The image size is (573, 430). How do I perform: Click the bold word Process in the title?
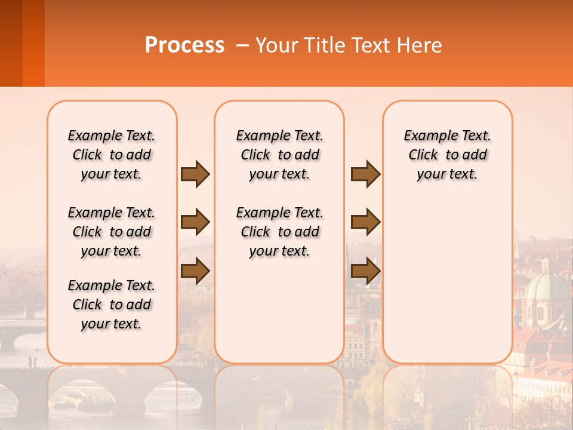184,45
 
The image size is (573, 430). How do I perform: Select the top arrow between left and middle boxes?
195,174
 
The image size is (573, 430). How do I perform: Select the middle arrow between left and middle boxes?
195,222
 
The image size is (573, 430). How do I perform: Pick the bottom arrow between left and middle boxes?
195,271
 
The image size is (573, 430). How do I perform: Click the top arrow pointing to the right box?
365,174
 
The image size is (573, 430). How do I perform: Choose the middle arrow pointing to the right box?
365,222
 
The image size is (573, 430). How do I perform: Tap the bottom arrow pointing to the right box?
365,271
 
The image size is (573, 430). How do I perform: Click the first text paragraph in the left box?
112,155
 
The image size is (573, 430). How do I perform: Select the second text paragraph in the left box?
112,232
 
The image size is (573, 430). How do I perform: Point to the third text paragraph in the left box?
112,305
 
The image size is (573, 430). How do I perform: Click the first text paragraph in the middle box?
280,155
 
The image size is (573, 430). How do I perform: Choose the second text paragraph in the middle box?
280,232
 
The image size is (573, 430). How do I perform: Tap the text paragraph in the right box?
448,155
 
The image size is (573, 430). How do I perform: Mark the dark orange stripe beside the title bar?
33,43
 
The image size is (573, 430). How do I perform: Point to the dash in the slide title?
242,45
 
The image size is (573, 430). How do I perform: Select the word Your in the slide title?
276,45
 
